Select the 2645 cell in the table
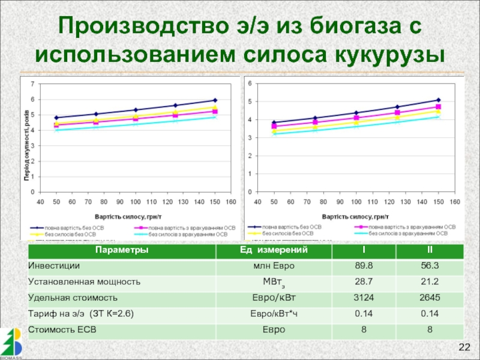430,298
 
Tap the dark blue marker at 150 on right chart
439,100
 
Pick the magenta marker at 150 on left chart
215,112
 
